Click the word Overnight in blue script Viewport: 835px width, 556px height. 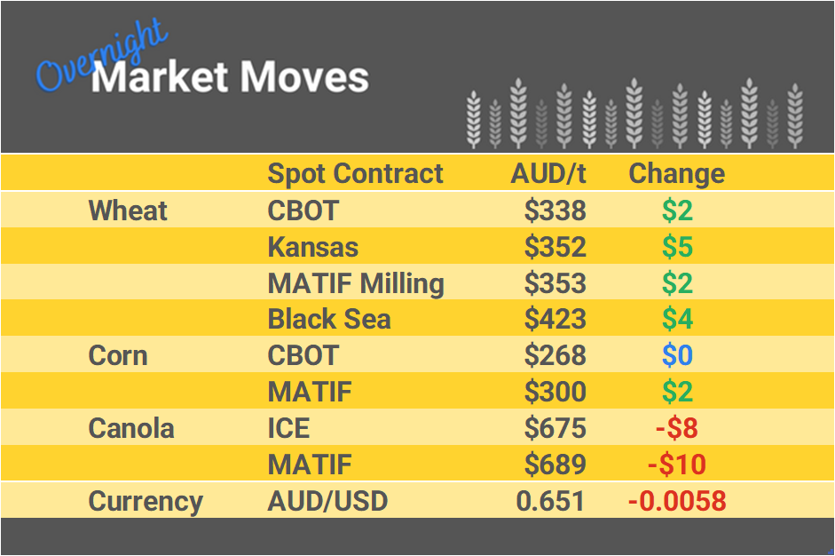click(100, 56)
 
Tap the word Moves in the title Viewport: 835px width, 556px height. click(304, 77)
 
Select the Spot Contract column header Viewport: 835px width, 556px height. click(355, 173)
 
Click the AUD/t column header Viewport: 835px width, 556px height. click(548, 173)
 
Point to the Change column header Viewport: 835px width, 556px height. click(676, 173)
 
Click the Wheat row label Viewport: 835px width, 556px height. click(128, 210)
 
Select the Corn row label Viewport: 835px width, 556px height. click(118, 356)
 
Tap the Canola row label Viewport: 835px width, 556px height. click(132, 429)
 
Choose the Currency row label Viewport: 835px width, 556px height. click(146, 501)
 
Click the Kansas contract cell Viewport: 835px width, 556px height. click(313, 247)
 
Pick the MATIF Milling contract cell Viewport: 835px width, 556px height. click(356, 283)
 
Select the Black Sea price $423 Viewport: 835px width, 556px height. click(555, 320)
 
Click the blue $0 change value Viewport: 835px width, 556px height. click(677, 356)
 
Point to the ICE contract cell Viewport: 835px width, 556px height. click(288, 429)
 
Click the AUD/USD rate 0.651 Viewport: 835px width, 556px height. click(550, 501)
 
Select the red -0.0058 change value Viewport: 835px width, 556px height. click(677, 501)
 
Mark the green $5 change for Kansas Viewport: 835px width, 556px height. click(677, 247)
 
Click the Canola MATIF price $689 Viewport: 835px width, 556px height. click(555, 465)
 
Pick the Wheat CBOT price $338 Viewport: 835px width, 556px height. click(555, 210)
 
